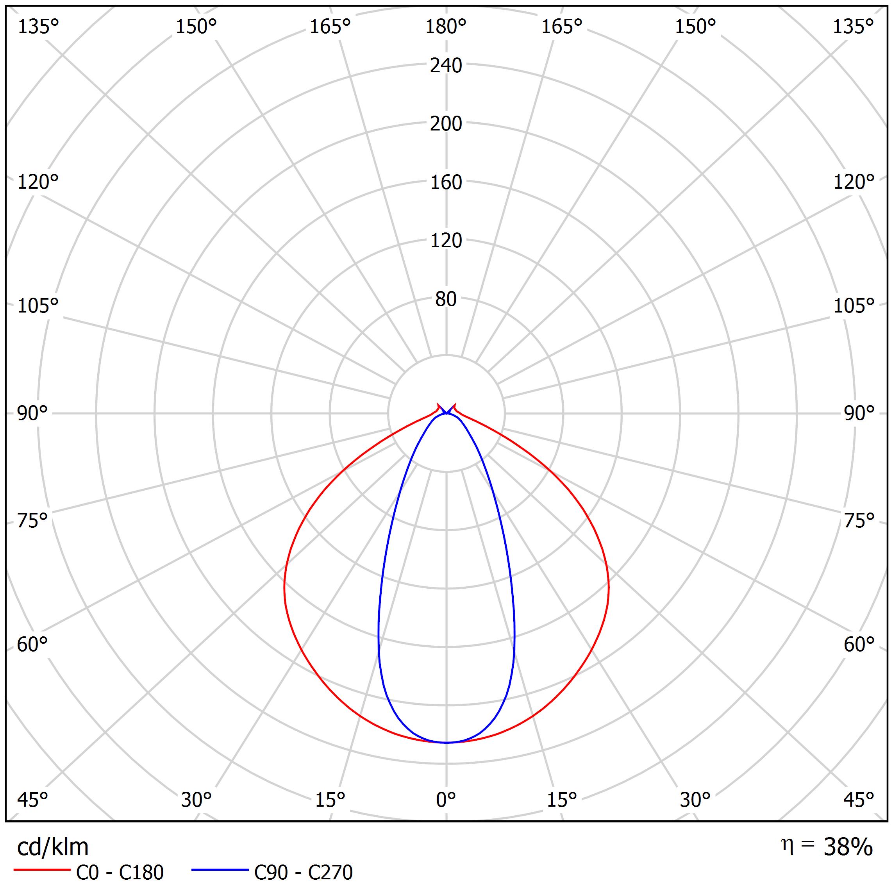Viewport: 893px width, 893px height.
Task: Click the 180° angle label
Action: pyautogui.click(x=446, y=27)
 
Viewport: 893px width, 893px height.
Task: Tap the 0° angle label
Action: pyautogui.click(x=446, y=799)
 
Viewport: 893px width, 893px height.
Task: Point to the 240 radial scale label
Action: pyautogui.click(x=446, y=66)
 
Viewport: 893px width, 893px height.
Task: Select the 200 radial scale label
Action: pyautogui.click(x=446, y=124)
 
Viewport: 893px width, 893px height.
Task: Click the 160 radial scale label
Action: pyautogui.click(x=446, y=182)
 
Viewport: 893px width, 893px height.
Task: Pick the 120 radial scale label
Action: pyautogui.click(x=446, y=241)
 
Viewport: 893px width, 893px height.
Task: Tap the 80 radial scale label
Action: pyautogui.click(x=446, y=300)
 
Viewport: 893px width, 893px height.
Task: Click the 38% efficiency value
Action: pyautogui.click(x=848, y=847)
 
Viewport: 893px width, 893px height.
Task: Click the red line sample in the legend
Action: pyautogui.click(x=41, y=870)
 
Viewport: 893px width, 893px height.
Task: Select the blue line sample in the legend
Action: pyautogui.click(x=220, y=870)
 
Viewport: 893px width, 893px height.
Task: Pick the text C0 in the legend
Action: pyautogui.click(x=88, y=873)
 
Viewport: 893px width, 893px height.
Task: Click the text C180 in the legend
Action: pyautogui.click(x=141, y=873)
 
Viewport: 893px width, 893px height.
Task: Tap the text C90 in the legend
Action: pyautogui.click(x=270, y=873)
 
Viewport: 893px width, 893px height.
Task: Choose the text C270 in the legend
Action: pyautogui.click(x=330, y=873)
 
